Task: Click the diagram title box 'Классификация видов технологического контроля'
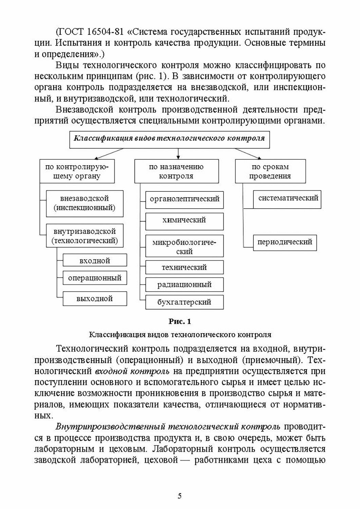point(169,139)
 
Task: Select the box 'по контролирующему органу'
point(77,171)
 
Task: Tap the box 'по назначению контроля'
point(176,171)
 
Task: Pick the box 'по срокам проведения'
point(270,171)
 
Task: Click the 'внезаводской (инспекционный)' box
point(84,203)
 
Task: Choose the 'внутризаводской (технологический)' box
point(84,236)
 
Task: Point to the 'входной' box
point(95,261)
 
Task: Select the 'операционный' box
point(95,278)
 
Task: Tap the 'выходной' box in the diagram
point(95,299)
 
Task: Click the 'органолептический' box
point(184,199)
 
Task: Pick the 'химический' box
point(184,220)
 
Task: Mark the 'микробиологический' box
point(184,247)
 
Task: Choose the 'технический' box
point(184,267)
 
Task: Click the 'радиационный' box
point(184,284)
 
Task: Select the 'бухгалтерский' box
point(184,302)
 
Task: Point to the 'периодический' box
point(285,242)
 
